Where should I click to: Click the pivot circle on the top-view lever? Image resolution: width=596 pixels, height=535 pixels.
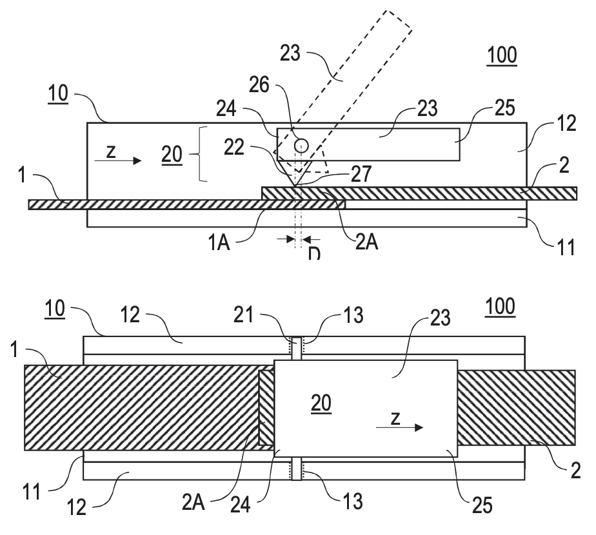point(301,146)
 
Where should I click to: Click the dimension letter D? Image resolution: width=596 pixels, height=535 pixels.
point(313,253)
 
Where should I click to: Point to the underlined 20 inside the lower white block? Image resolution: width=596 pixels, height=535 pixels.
point(321,404)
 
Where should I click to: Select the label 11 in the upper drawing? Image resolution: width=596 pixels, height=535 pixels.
point(566,245)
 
